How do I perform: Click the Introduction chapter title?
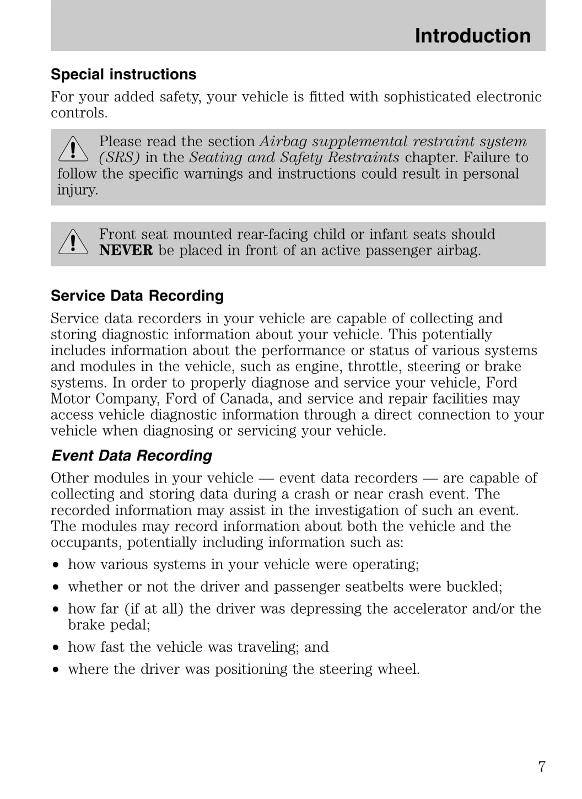[x=472, y=36]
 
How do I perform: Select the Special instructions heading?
[x=123, y=74]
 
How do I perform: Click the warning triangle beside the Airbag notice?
[x=73, y=149]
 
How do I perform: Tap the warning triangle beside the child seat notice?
[x=73, y=242]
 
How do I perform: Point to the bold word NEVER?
[x=126, y=250]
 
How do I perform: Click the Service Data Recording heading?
[x=137, y=296]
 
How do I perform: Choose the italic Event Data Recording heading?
[x=132, y=456]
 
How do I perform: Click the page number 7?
[x=542, y=766]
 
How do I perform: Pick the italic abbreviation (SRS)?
[x=119, y=158]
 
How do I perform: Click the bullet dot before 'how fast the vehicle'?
[x=56, y=648]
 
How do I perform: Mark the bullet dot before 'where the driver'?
[x=56, y=670]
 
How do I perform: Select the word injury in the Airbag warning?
[x=77, y=190]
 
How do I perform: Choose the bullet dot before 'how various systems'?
[x=56, y=565]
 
